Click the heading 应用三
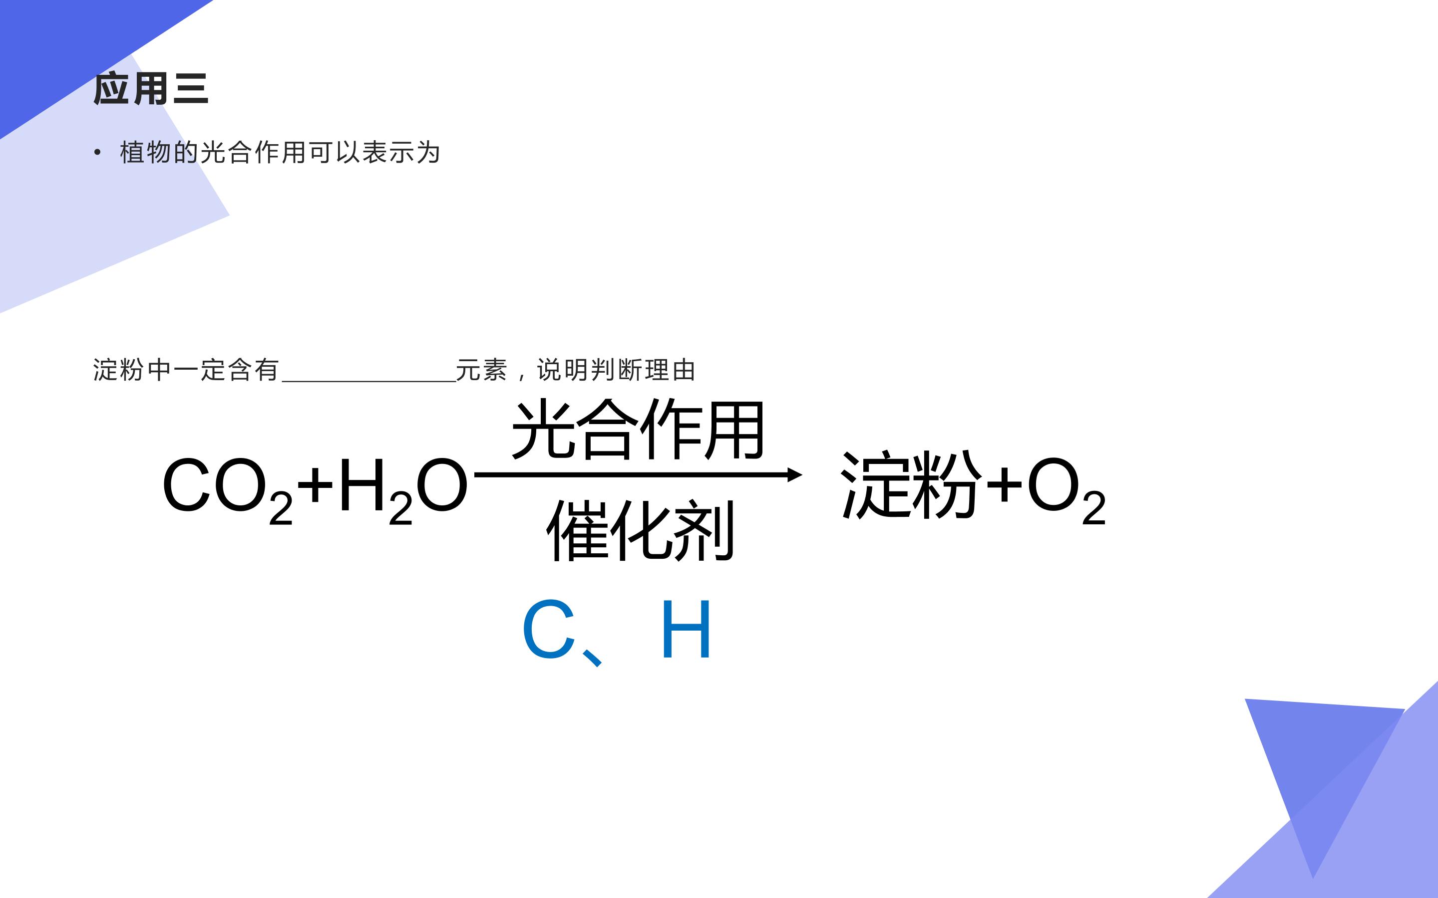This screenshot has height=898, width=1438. coord(151,89)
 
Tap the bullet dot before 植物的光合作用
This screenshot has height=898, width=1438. coord(97,153)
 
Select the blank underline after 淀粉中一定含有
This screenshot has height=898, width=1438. coord(369,381)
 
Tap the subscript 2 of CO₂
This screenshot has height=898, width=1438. coord(281,508)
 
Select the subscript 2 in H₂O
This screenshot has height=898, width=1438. coord(400,508)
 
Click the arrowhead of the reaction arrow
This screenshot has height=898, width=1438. coord(795,474)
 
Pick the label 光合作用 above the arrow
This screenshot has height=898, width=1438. coord(638,430)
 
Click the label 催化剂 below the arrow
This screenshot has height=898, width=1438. coord(641,530)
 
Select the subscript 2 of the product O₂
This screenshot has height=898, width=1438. coord(1094,508)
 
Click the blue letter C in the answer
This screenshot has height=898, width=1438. coord(549,629)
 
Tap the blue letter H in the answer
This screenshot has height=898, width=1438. coord(687,629)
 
